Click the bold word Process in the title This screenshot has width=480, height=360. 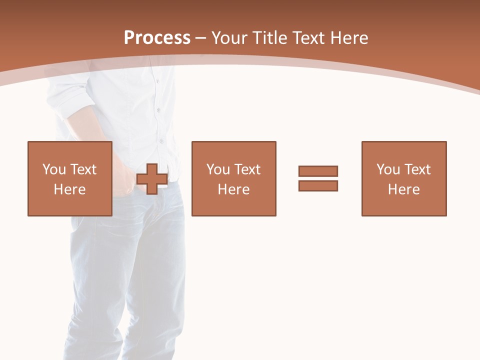coord(157,38)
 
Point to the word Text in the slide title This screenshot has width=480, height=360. coord(311,38)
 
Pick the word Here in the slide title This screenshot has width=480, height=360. coord(350,38)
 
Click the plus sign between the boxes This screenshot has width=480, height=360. coord(152,179)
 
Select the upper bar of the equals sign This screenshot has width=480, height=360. coord(318,171)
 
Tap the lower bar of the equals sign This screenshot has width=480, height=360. coord(318,185)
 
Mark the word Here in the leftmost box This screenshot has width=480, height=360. coord(69,189)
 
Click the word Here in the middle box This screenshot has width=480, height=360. coord(233,189)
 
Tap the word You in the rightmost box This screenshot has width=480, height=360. coord(388,169)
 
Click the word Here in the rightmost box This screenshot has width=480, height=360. coord(403,189)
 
